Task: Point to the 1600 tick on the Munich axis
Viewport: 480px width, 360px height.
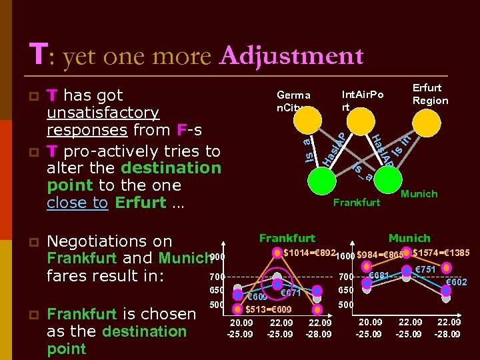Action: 345,256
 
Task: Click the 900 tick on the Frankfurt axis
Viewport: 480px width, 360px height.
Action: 217,257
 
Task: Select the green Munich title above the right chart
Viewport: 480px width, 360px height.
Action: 409,238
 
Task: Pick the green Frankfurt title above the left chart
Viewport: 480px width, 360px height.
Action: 287,238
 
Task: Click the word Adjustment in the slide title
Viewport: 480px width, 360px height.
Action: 291,56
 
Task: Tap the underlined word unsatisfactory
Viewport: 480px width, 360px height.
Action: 103,113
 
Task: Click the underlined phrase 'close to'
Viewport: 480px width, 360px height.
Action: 77,202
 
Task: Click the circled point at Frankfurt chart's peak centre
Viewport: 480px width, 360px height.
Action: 277,253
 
